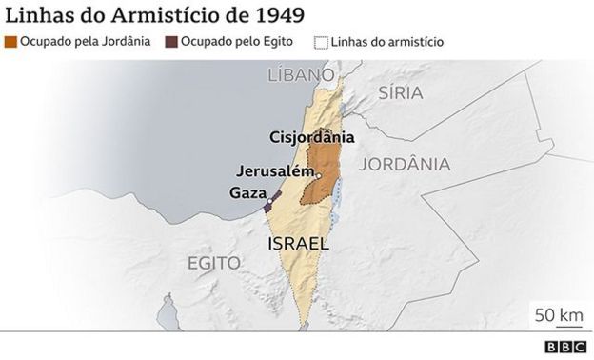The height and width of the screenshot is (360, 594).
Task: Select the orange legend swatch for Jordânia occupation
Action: click(10, 42)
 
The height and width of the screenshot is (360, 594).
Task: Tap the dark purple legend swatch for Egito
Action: click(171, 42)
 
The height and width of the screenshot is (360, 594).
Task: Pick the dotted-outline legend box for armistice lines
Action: click(321, 42)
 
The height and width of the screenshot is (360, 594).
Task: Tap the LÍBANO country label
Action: click(301, 74)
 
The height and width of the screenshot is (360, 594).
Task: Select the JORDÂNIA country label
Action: click(406, 164)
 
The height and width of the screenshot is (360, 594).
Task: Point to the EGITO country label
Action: click(213, 262)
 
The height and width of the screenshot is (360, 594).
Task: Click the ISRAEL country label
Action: click(298, 244)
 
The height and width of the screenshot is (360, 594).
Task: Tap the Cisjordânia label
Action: click(312, 136)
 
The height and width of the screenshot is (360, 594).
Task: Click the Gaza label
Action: click(247, 192)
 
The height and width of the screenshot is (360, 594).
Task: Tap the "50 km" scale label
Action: click(558, 315)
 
